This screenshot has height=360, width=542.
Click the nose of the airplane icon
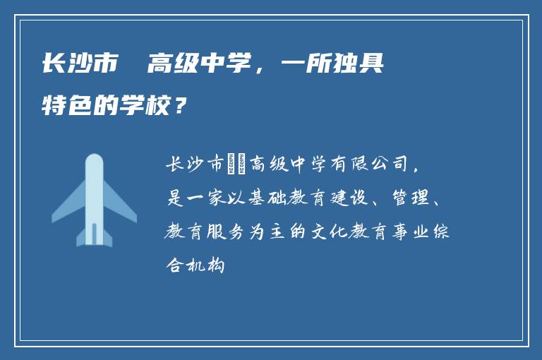[94, 160]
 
